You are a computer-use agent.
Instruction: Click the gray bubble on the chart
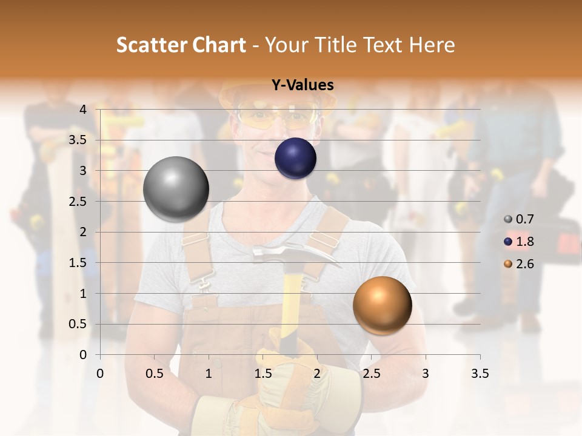click(176, 189)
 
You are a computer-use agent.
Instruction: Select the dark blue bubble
click(295, 159)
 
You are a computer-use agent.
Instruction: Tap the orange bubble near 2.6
click(382, 305)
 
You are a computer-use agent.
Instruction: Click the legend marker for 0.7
click(508, 219)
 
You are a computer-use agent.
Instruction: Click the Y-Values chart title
click(303, 85)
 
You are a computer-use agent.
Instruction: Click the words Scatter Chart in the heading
click(181, 45)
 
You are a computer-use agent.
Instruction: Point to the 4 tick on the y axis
click(82, 109)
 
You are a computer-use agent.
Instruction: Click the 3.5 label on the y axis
click(78, 140)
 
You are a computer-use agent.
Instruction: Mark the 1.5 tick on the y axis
click(78, 263)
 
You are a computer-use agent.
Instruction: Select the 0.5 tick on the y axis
click(78, 324)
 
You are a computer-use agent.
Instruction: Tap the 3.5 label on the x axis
click(480, 374)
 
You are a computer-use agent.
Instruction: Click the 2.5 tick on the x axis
click(371, 374)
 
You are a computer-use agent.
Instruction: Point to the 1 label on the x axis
click(209, 374)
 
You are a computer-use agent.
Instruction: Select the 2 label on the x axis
click(317, 374)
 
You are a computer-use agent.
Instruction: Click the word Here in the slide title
click(432, 45)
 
